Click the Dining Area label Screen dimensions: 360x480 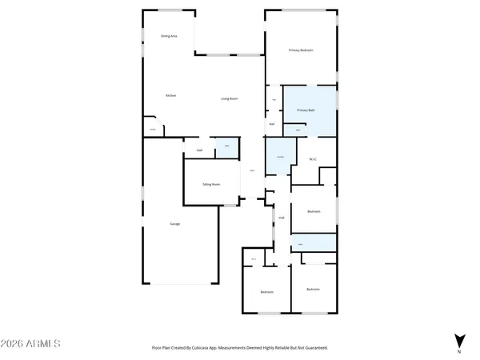point(169,36)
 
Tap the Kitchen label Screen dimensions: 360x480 point(170,95)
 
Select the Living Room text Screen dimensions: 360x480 point(231,98)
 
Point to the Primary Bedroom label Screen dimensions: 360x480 point(301,50)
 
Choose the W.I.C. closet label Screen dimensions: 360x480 point(314,159)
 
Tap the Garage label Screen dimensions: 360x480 point(174,223)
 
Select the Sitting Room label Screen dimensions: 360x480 point(211,184)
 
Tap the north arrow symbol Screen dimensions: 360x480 point(459,340)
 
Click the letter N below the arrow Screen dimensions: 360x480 point(459,352)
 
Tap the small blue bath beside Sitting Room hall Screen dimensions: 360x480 point(226,146)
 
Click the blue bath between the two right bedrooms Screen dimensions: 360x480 point(313,243)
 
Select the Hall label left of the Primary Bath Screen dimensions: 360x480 point(272,124)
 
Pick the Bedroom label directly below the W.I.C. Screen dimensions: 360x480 point(314,211)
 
